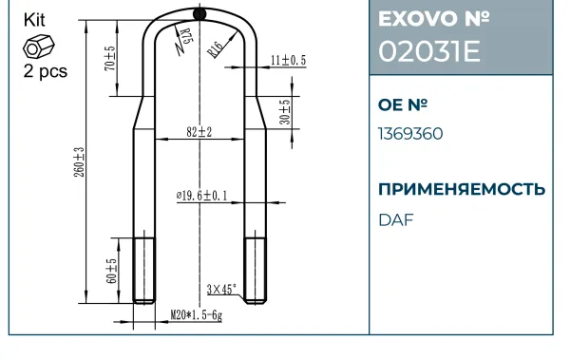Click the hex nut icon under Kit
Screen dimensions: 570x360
pyautogui.click(x=39, y=47)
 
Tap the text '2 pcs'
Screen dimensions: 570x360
pyautogui.click(x=46, y=71)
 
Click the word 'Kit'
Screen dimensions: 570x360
pyautogui.click(x=34, y=20)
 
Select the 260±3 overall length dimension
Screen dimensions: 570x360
pyautogui.click(x=79, y=162)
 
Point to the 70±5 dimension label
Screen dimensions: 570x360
pyautogui.click(x=110, y=58)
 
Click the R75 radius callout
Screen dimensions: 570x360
pyautogui.click(x=186, y=36)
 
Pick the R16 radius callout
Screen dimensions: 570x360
pyautogui.click(x=215, y=49)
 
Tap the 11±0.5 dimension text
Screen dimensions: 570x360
pyautogui.click(x=288, y=60)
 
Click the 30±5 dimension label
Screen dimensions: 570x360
pyautogui.click(x=285, y=112)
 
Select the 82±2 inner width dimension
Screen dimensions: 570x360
pyautogui.click(x=199, y=132)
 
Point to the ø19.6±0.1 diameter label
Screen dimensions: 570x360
pyautogui.click(x=202, y=196)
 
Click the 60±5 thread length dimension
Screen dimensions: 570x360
pyautogui.click(x=111, y=271)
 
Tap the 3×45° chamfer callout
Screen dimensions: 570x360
pyautogui.click(x=221, y=290)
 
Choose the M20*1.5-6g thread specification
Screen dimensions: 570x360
pyautogui.click(x=197, y=315)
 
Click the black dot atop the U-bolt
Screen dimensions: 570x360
pyautogui.click(x=199, y=14)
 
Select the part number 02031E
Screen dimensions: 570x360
pyautogui.click(x=429, y=51)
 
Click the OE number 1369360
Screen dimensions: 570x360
pyautogui.click(x=410, y=134)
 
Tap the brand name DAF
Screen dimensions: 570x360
pyautogui.click(x=396, y=220)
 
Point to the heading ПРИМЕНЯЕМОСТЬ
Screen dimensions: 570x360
pyautogui.click(x=462, y=189)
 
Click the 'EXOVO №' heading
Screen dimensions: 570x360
pyautogui.click(x=434, y=19)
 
